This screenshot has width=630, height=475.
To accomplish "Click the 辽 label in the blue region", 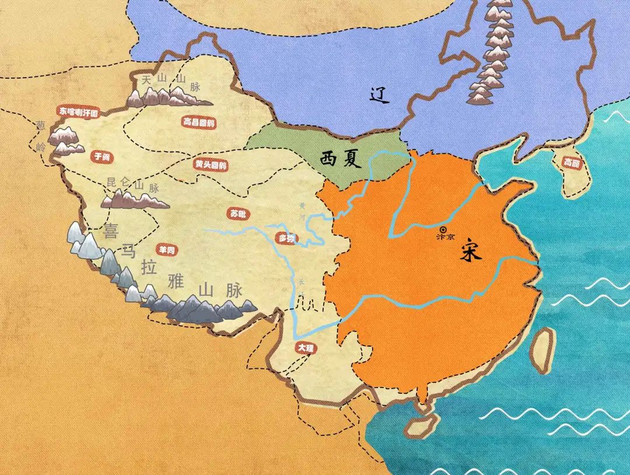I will tap(380, 95).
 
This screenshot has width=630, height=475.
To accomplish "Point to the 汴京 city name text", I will tap(445, 238).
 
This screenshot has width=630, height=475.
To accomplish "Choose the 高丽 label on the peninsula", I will tap(572, 163).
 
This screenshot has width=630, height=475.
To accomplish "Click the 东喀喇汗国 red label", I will tap(79, 110).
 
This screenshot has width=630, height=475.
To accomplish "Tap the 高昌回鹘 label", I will tap(198, 123).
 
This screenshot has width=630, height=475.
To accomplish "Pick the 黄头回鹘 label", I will tap(211, 165).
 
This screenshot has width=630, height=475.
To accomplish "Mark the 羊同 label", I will tap(167, 250).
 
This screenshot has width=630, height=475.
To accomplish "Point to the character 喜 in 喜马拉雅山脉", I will tap(110, 230).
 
